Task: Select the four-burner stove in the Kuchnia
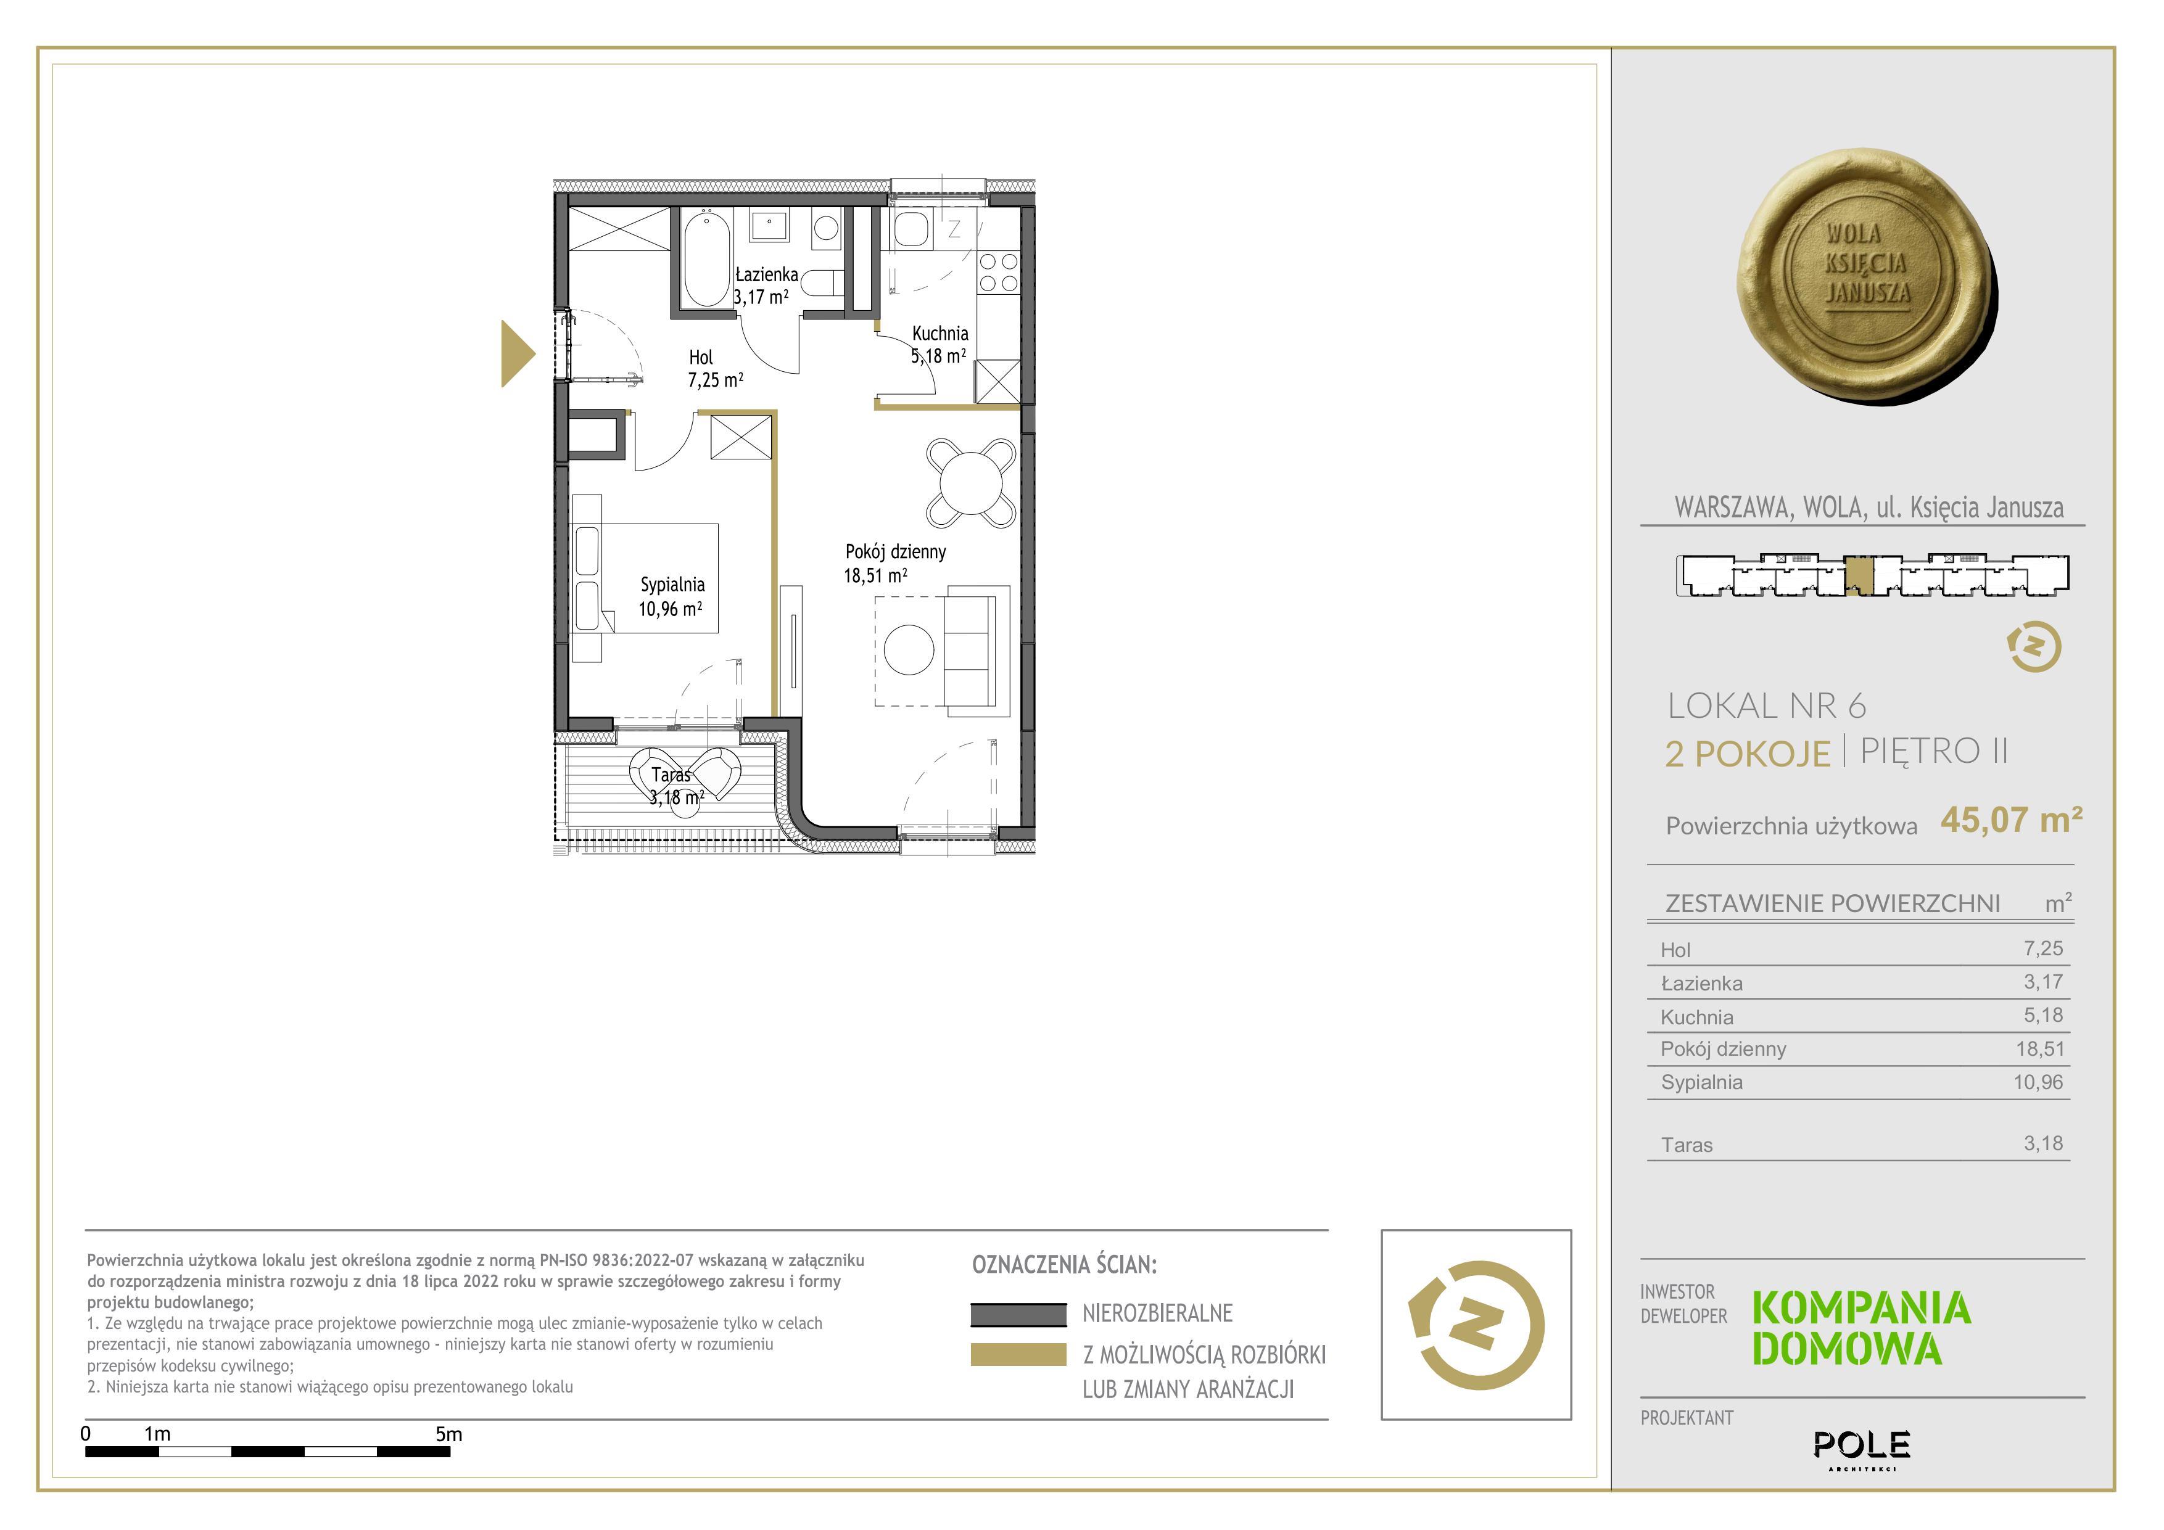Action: pyautogui.click(x=998, y=271)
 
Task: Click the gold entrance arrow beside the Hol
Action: pyautogui.click(x=518, y=353)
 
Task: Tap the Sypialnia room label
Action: pyautogui.click(x=672, y=584)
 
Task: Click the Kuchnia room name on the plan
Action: pyautogui.click(x=940, y=332)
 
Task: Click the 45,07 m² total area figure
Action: pyautogui.click(x=2011, y=820)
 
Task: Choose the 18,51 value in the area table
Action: pyautogui.click(x=2039, y=1048)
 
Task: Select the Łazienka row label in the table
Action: pyautogui.click(x=1701, y=984)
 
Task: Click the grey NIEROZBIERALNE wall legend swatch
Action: pyautogui.click(x=1018, y=1314)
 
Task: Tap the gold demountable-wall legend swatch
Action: pyautogui.click(x=1018, y=1354)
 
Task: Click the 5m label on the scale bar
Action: pyautogui.click(x=448, y=1434)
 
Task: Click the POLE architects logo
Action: pyautogui.click(x=1862, y=1447)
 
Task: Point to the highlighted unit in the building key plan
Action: pyautogui.click(x=1857, y=575)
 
